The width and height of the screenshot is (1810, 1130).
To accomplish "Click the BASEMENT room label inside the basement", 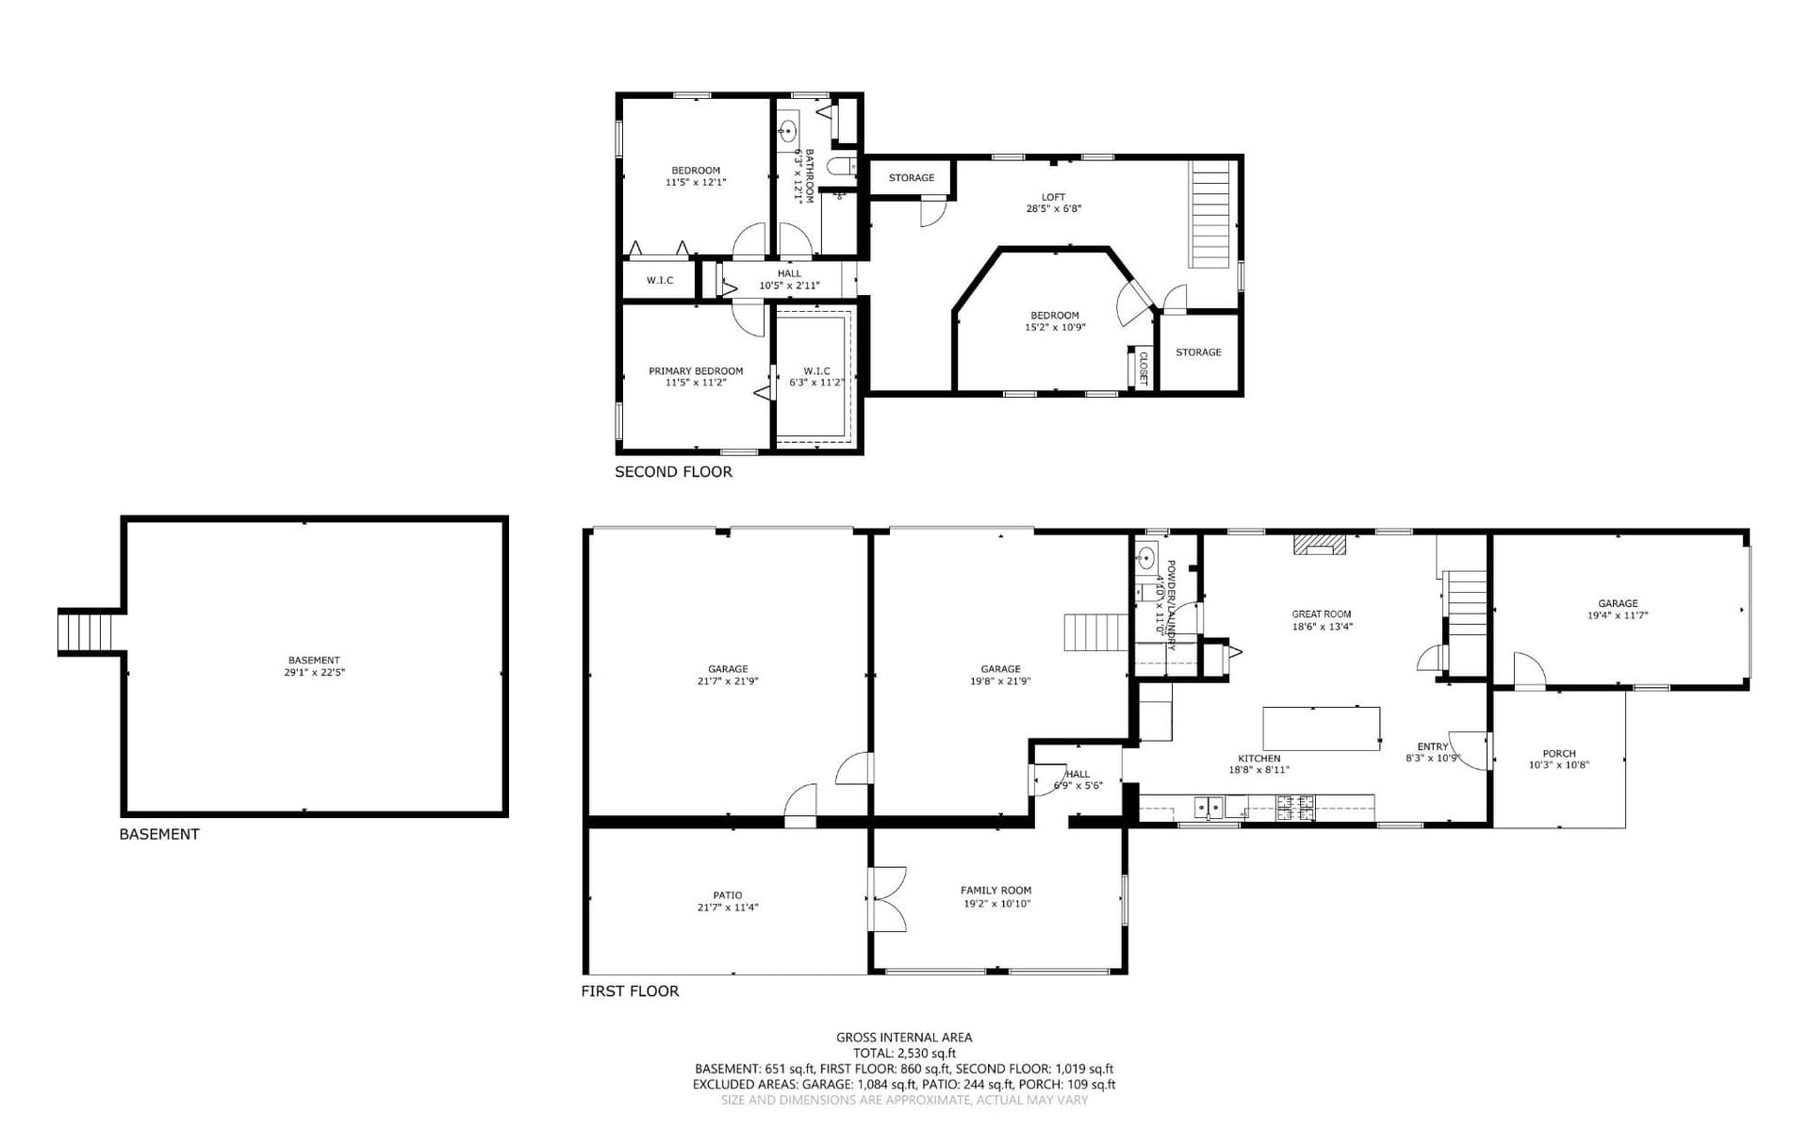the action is click(x=314, y=660).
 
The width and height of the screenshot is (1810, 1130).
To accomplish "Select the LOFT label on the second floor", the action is click(x=1053, y=197).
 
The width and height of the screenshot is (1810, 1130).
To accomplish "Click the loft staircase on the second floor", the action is click(x=1212, y=214).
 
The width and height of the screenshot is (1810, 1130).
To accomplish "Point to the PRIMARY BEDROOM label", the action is click(x=696, y=370).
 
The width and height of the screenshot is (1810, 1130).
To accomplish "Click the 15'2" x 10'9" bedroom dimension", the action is click(x=1055, y=327).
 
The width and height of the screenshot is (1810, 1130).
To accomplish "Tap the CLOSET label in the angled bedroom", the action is click(x=1144, y=368).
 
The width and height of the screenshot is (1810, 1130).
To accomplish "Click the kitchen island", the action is click(x=1322, y=729).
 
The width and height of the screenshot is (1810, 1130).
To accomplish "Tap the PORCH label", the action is click(x=1558, y=753).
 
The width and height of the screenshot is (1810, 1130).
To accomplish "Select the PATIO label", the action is click(x=727, y=894).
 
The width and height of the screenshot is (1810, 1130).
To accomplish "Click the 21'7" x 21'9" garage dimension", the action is click(x=728, y=680).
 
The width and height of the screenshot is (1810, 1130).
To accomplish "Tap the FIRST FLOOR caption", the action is click(x=630, y=991).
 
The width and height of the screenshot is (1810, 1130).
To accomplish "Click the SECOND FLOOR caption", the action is click(x=673, y=471).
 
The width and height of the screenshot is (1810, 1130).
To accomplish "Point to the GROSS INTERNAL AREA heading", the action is click(x=904, y=1037).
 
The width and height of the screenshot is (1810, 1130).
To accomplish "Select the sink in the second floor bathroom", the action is click(x=789, y=131).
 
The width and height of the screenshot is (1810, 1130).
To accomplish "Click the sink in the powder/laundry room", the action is click(x=1146, y=556).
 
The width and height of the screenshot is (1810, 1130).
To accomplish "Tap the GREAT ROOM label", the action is click(x=1321, y=614).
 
